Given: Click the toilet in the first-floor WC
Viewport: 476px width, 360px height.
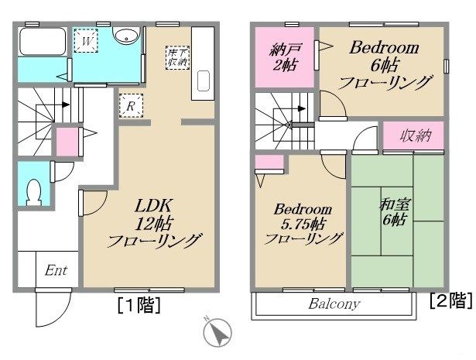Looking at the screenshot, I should point(33,190).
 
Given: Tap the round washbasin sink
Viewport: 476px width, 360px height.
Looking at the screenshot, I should point(125,36).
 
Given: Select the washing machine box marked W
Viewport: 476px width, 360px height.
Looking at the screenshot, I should point(87,39).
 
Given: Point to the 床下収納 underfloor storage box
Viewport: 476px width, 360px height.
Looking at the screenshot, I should point(177,56).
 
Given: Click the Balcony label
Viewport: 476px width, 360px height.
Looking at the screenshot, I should point(334,303).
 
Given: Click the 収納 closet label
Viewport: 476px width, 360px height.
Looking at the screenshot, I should point(414,136).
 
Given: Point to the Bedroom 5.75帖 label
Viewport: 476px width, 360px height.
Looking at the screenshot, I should point(303,224).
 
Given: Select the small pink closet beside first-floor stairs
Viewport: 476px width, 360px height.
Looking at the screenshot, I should point(67,142).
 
